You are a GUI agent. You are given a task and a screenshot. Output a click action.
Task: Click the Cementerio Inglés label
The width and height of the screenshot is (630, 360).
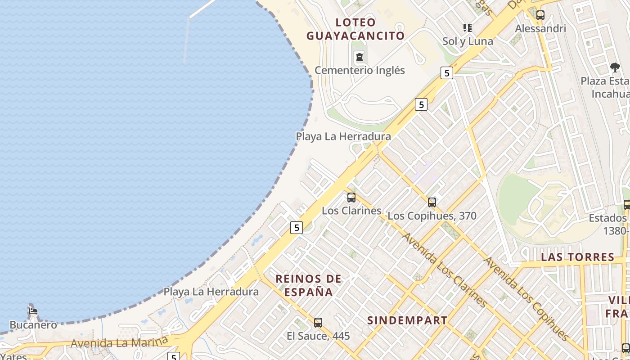click(360, 70)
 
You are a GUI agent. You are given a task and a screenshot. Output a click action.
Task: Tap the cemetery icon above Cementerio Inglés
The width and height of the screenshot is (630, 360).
click(360, 57)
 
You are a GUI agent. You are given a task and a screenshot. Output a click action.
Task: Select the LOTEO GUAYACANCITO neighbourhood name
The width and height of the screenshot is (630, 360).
click(355, 29)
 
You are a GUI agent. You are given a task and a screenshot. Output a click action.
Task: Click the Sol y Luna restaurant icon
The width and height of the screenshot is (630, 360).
click(468, 28)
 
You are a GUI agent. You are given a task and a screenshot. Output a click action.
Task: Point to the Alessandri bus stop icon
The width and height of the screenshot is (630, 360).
click(540, 15)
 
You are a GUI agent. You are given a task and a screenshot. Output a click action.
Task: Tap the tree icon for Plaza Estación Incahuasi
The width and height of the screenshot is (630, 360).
click(615, 68)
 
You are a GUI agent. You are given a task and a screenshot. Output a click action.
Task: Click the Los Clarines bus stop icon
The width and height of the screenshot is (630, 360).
click(351, 197)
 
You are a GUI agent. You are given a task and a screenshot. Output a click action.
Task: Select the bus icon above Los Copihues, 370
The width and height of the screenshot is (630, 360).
click(432, 202)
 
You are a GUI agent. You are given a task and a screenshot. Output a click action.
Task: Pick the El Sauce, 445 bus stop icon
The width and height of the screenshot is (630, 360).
click(318, 322)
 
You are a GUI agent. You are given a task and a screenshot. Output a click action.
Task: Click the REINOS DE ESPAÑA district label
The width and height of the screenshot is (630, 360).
click(309, 285)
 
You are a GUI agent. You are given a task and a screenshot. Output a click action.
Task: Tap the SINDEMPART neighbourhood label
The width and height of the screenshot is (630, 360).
click(407, 320)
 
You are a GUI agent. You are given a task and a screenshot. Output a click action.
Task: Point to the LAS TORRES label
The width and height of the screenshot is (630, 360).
click(578, 257)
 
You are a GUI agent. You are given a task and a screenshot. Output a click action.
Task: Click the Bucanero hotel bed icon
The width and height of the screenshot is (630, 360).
click(33, 311)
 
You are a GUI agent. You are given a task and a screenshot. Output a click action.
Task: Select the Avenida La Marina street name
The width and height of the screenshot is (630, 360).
click(119, 342)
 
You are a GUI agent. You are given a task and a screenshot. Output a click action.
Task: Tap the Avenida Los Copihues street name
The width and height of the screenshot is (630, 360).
click(526, 299)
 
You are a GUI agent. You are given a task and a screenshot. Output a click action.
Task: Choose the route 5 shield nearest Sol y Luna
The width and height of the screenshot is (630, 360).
click(446, 73)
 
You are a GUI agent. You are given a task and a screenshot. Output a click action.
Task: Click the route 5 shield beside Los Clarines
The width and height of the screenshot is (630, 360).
click(296, 228)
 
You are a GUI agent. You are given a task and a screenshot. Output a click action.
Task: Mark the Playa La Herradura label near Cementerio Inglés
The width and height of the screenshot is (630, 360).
click(343, 136)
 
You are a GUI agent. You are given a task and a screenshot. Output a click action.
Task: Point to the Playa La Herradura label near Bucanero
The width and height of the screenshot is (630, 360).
click(211, 292)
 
